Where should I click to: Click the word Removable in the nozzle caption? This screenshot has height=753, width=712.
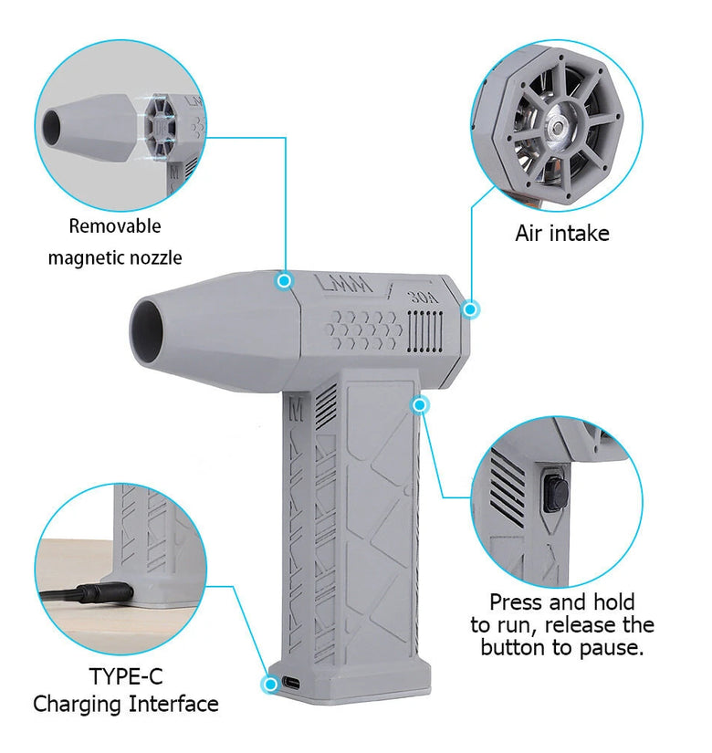115,225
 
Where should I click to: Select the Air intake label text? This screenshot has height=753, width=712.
562,234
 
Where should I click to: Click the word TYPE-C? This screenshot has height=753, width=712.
126,676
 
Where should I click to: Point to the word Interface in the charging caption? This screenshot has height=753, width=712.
173,704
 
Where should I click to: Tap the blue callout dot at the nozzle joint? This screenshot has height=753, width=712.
285,280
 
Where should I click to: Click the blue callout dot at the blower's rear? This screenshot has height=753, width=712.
470,309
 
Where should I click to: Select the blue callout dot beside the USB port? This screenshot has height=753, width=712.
270,684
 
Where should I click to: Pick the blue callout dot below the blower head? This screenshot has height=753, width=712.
420,405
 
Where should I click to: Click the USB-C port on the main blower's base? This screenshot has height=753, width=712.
291,683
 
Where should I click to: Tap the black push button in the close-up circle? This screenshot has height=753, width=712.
555,494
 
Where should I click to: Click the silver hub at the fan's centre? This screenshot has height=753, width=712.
558,127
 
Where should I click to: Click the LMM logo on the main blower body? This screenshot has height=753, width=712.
344,284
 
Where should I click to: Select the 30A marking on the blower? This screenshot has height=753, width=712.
423,298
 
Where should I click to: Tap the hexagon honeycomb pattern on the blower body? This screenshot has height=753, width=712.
363,329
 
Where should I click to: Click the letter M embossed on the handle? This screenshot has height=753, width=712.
296,411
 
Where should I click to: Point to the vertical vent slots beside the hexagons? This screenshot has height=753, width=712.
424,331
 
